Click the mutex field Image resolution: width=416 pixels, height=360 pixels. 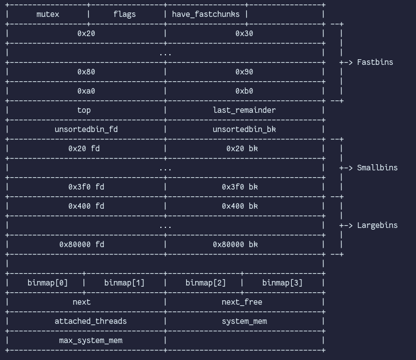pyautogui.click(x=47, y=14)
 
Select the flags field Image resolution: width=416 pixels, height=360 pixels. pyautogui.click(x=124, y=14)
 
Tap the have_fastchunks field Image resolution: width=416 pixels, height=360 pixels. pyautogui.click(x=205, y=14)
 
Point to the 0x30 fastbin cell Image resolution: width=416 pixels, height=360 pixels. pyautogui.click(x=244, y=33)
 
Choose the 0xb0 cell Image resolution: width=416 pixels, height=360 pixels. pyautogui.click(x=244, y=91)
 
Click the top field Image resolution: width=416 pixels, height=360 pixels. pyautogui.click(x=84, y=110)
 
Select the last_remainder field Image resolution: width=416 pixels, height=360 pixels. pyautogui.click(x=244, y=110)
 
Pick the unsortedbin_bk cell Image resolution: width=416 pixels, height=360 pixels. pyautogui.click(x=244, y=129)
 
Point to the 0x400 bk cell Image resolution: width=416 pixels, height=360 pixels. pyautogui.click(x=244, y=206)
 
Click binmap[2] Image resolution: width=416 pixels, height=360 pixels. pyautogui.click(x=205, y=283)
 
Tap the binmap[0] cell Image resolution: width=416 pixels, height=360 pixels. pyautogui.click(x=47, y=283)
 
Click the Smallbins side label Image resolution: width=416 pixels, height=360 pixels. pyautogui.click(x=377, y=168)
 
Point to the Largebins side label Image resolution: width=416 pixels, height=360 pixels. pyautogui.click(x=377, y=225)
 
